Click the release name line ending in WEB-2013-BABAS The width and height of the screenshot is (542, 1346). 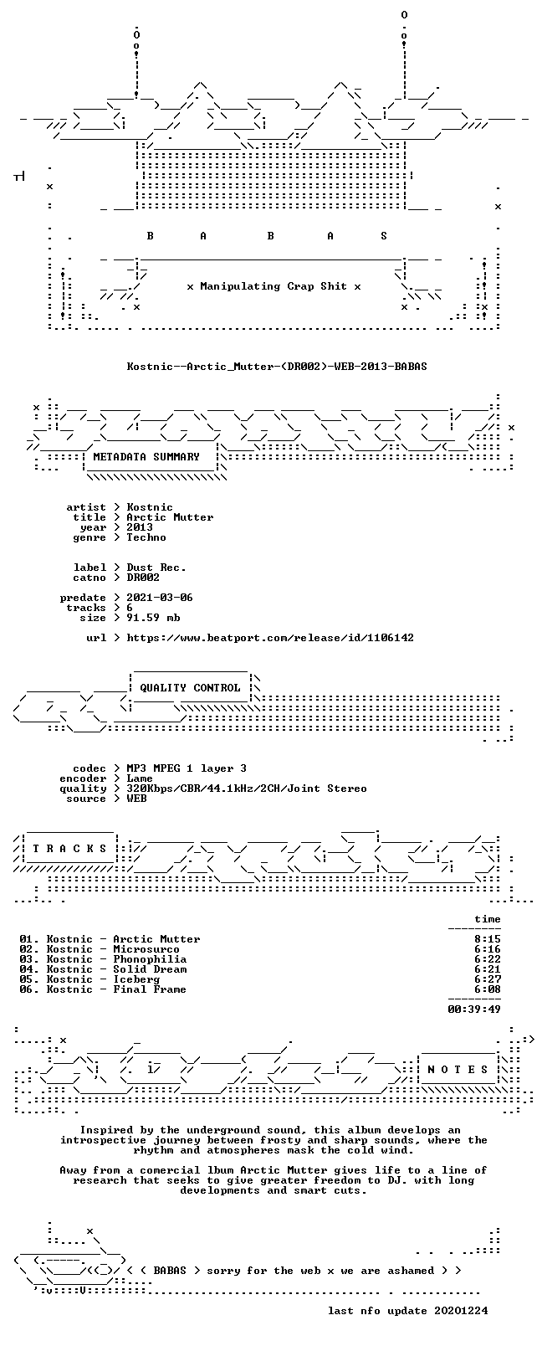277,367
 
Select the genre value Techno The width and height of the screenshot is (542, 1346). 146,537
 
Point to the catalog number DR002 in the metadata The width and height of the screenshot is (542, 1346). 143,578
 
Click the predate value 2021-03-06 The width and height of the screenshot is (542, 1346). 160,598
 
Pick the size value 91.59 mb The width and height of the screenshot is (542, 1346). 153,618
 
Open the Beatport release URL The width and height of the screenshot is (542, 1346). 270,638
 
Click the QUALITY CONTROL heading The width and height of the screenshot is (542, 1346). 190,688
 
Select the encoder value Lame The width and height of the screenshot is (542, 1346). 139,778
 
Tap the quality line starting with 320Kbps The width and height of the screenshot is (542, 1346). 247,789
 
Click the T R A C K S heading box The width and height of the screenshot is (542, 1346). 69,849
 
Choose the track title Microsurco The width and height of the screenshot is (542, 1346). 146,949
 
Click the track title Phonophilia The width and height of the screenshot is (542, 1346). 150,959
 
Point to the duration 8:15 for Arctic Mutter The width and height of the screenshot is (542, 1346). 488,939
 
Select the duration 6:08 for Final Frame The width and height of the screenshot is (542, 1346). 488,989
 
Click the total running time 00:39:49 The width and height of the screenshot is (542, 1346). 474,1009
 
